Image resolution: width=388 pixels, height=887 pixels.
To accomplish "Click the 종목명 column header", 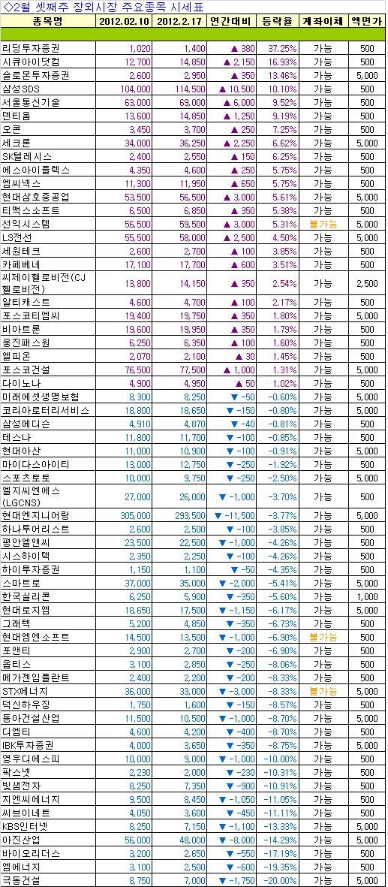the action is point(48,21).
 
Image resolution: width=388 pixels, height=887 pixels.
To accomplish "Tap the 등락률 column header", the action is point(277,21).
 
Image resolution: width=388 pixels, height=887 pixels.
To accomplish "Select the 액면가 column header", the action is point(368,21).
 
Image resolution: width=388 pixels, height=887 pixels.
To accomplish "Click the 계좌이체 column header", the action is point(323,21).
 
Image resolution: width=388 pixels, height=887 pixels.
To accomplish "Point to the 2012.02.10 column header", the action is point(125,21).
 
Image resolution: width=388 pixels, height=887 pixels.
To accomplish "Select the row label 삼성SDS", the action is point(22,88).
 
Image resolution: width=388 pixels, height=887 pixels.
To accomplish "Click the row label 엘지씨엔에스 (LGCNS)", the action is point(31,496).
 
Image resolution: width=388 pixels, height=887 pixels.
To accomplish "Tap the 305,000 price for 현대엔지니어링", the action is point(134,515).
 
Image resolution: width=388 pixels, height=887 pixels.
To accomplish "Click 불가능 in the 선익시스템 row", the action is point(323,224).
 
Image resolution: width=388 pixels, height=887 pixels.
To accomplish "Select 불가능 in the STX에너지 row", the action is point(323,691).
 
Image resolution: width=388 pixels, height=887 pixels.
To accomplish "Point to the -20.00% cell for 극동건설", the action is point(279,880).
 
